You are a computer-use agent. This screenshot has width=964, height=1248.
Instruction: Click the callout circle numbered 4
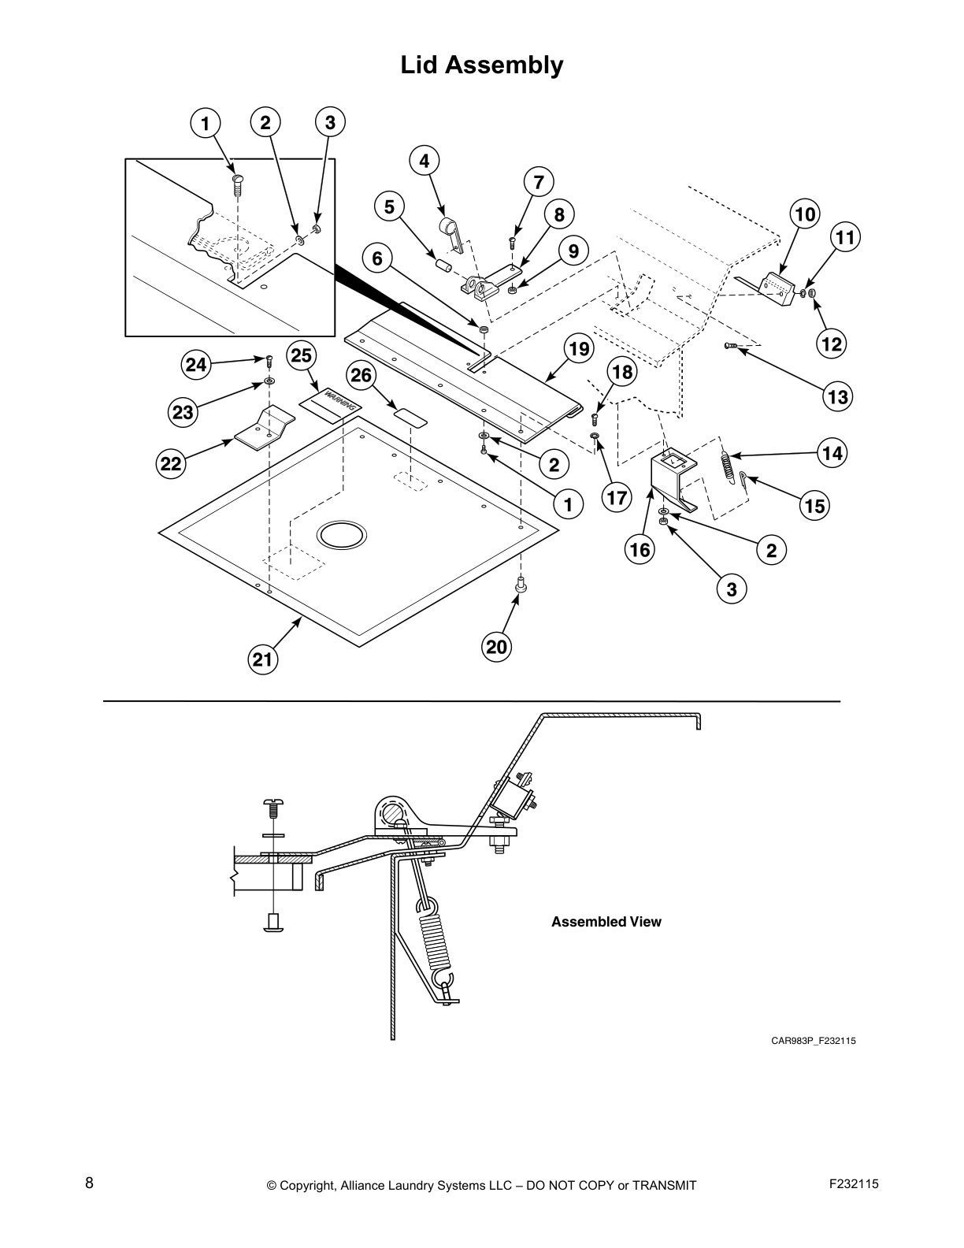coord(425,161)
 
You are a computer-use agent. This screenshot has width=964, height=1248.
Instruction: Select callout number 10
coord(804,214)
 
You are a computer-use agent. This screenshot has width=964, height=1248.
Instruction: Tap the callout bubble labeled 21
coord(262,659)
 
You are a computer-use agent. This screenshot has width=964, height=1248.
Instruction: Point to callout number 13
coord(837,397)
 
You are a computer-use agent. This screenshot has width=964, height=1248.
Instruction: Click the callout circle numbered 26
coord(361,375)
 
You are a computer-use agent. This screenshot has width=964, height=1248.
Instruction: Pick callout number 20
coord(496,647)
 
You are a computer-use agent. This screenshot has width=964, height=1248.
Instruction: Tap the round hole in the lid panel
coord(341,534)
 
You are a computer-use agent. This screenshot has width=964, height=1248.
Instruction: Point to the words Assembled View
coord(606,922)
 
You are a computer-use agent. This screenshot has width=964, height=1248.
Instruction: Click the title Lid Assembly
coord(482,65)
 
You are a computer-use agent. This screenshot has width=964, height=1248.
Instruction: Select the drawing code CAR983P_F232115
coord(813,1041)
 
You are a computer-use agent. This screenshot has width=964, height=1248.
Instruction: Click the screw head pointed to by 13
coord(729,346)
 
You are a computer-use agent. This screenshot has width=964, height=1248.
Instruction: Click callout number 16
coord(640,549)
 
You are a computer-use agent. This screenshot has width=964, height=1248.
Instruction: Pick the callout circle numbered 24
coord(196,364)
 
